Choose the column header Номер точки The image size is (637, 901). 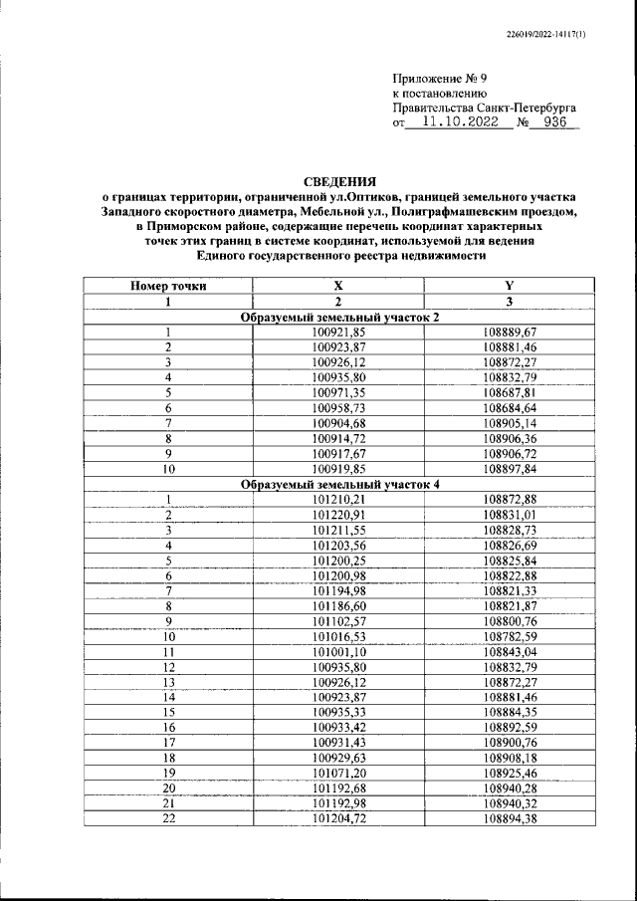[x=169, y=286]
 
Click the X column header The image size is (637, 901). [x=338, y=286]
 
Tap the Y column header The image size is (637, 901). [x=510, y=286]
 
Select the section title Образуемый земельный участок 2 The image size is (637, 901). [x=339, y=317]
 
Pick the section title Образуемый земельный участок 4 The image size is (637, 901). [x=339, y=484]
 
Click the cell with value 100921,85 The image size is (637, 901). [x=338, y=333]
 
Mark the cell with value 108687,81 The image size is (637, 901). [x=510, y=393]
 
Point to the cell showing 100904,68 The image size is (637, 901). [x=338, y=423]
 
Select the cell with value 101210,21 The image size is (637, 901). [x=338, y=499]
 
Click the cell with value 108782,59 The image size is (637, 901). [x=510, y=636]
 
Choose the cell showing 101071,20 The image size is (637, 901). [x=338, y=773]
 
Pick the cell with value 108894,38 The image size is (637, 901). [x=510, y=818]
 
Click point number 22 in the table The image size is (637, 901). [x=169, y=818]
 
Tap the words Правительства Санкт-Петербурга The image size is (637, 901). [x=485, y=107]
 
